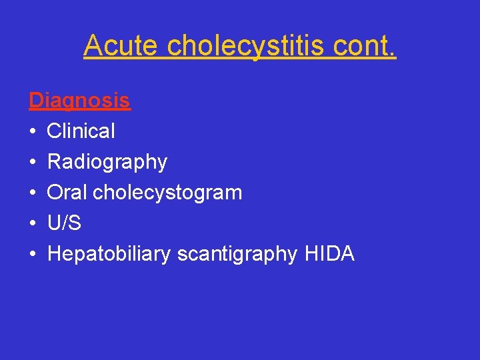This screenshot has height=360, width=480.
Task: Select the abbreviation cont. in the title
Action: [x=366, y=46]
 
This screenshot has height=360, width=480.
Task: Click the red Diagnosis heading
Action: [x=79, y=101]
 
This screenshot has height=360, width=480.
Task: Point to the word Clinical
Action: [x=81, y=131]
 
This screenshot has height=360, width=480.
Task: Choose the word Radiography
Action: [x=107, y=162]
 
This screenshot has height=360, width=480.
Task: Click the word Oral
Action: [x=67, y=193]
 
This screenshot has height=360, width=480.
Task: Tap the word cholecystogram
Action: [x=167, y=193]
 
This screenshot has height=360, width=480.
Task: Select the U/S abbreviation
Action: [x=64, y=223]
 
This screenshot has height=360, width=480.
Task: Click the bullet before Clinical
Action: [x=32, y=132]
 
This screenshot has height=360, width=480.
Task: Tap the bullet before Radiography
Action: [x=32, y=163]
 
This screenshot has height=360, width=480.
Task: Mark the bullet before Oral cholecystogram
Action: [x=32, y=193]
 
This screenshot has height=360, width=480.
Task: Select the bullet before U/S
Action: [x=32, y=224]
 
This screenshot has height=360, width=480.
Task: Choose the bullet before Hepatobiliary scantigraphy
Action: [x=32, y=255]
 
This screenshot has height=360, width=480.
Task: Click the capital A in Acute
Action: [x=92, y=46]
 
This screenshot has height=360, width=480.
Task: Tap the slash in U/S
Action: [x=64, y=223]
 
